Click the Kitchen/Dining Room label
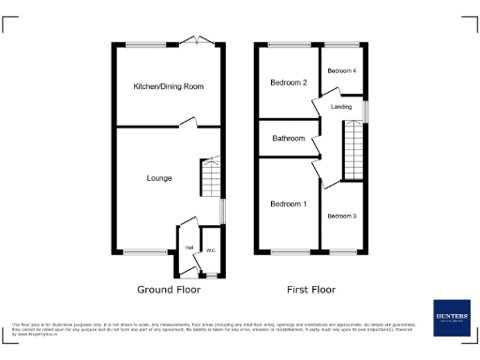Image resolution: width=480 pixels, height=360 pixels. (x=169, y=86)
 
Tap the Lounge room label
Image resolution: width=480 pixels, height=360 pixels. (x=158, y=177)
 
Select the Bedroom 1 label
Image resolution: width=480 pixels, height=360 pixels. (x=288, y=203)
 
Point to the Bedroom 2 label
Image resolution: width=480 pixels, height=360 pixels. (x=289, y=82)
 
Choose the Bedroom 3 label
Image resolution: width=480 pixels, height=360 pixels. (x=341, y=217)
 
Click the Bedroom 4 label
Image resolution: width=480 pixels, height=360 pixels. (x=341, y=71)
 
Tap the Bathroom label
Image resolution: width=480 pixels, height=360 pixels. (x=288, y=139)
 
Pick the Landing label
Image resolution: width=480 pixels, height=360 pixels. (x=341, y=107)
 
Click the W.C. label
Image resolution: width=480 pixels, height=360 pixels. (x=211, y=250)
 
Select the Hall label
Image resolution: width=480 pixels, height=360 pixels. (x=189, y=247)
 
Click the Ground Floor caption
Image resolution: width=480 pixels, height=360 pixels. (x=169, y=290)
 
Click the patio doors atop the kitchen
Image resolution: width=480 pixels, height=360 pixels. (x=198, y=40)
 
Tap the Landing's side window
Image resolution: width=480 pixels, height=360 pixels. (x=366, y=111)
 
